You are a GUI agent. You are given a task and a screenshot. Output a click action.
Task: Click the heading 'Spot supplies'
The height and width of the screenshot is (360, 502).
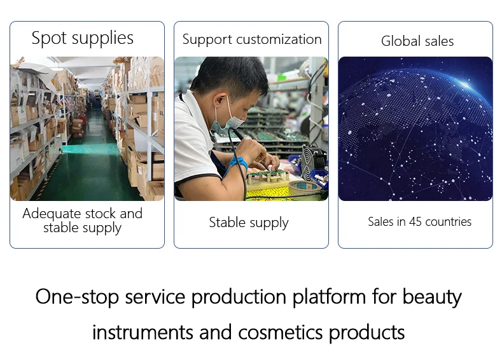[82, 38]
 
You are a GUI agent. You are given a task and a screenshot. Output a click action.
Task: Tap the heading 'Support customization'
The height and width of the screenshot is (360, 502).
[252, 39]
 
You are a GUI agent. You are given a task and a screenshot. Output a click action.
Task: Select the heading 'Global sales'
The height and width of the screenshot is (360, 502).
[417, 41]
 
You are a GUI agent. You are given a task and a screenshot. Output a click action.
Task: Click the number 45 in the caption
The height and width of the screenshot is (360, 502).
[415, 221]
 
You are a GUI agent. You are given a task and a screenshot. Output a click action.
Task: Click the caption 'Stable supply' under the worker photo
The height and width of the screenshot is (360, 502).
[249, 223]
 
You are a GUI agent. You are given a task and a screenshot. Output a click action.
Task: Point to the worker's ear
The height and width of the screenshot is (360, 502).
[220, 100]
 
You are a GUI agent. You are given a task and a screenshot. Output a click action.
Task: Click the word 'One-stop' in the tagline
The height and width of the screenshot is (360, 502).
[77, 297]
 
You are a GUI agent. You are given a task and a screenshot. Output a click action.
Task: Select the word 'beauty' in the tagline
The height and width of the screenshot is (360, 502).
[432, 297]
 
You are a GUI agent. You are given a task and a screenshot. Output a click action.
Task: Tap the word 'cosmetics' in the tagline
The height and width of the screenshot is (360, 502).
[281, 333]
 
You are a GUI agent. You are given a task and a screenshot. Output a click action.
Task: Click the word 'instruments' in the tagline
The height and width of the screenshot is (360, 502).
[143, 333]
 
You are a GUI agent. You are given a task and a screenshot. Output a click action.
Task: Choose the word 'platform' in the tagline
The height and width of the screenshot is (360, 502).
[330, 297]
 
